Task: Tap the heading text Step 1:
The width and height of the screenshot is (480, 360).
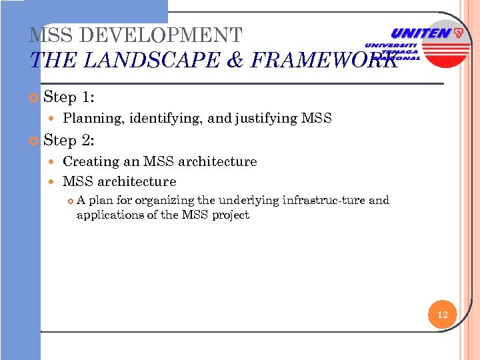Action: coord(69,97)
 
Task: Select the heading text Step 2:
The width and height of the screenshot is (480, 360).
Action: coord(69,141)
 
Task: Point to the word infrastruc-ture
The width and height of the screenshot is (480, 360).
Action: coord(324,200)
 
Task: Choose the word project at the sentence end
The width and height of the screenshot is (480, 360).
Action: coord(231,215)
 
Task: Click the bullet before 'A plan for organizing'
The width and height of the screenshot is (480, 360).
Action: coord(70,200)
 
